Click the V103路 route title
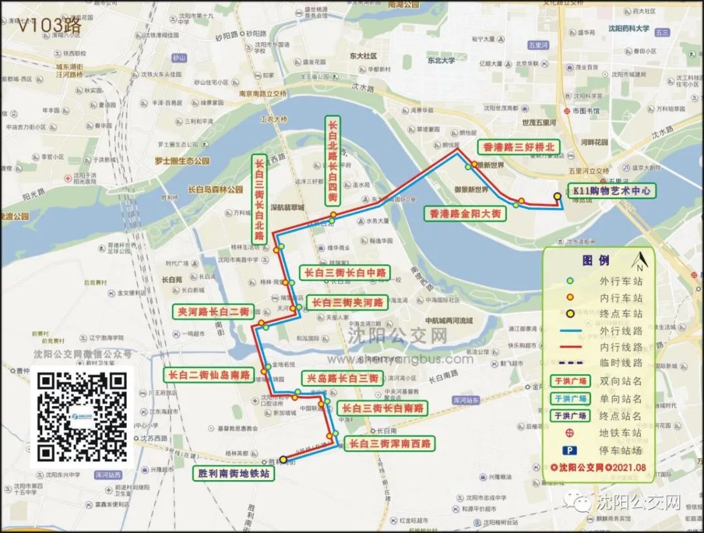click(x=49, y=25)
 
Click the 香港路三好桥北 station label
click(x=518, y=147)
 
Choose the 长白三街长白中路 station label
click(x=345, y=272)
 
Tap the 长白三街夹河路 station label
click(x=347, y=302)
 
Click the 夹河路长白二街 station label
click(x=213, y=311)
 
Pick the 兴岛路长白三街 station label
click(x=341, y=378)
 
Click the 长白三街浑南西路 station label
click(x=389, y=444)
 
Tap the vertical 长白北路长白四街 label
click(x=332, y=160)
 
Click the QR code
click(x=82, y=417)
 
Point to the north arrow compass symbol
click(x=639, y=261)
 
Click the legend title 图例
click(x=596, y=261)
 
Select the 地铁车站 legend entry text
click(x=621, y=433)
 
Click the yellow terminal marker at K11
click(x=557, y=195)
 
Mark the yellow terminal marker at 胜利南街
click(x=284, y=459)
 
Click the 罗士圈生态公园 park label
click(x=182, y=160)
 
